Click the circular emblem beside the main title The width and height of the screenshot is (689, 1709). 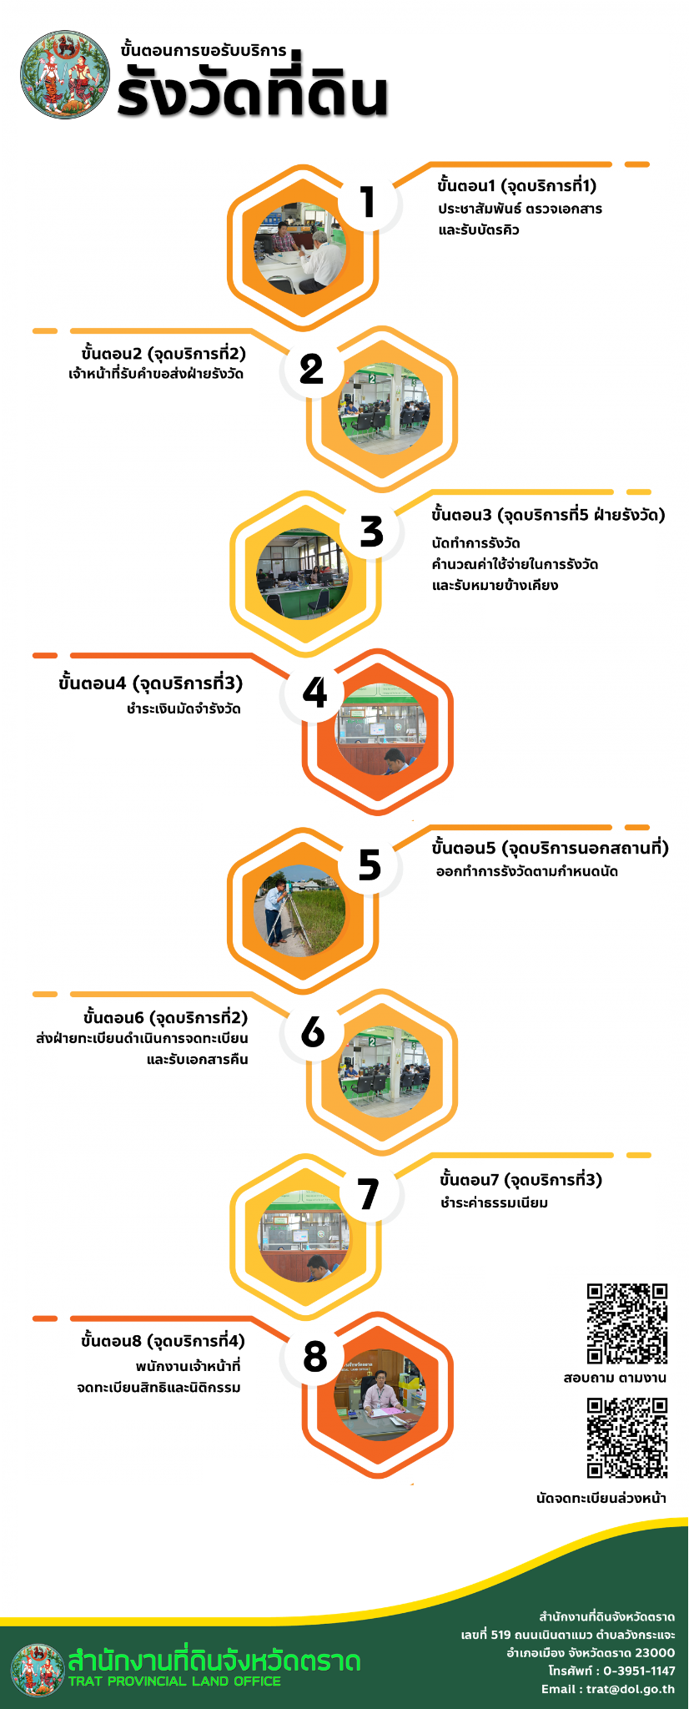65,76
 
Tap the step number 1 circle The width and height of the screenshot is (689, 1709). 368,203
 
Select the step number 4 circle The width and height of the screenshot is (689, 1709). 314,693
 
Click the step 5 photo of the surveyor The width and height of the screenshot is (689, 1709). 299,910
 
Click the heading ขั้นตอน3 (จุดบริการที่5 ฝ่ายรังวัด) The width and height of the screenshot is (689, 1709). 548,515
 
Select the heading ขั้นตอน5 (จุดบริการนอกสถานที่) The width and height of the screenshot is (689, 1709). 551,849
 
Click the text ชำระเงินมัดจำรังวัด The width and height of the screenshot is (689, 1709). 184,709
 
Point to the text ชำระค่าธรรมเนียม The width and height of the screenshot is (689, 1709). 494,1202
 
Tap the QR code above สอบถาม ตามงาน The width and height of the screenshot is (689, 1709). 626,1323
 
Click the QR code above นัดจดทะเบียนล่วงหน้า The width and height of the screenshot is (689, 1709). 626,1438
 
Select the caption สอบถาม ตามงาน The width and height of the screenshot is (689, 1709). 615,1378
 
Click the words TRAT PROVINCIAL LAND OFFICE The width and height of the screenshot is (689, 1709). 174,1681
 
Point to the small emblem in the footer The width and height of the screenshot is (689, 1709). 38,1670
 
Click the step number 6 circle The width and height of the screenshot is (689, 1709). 313,1032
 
